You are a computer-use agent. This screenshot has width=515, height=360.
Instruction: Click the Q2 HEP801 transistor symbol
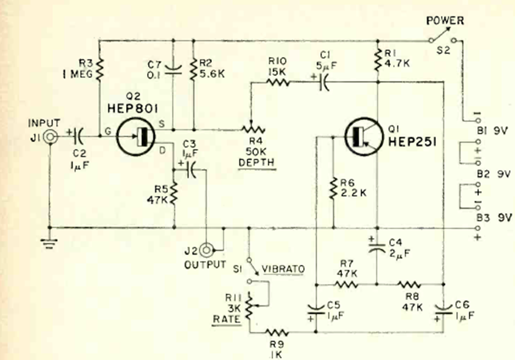pyautogui.click(x=135, y=136)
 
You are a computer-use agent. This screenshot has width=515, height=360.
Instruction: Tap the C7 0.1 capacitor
pyautogui.click(x=173, y=69)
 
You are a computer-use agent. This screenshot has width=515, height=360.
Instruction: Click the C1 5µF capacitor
pyautogui.click(x=324, y=81)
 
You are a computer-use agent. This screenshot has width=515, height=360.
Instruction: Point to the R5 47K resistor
pyautogui.click(x=173, y=194)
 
